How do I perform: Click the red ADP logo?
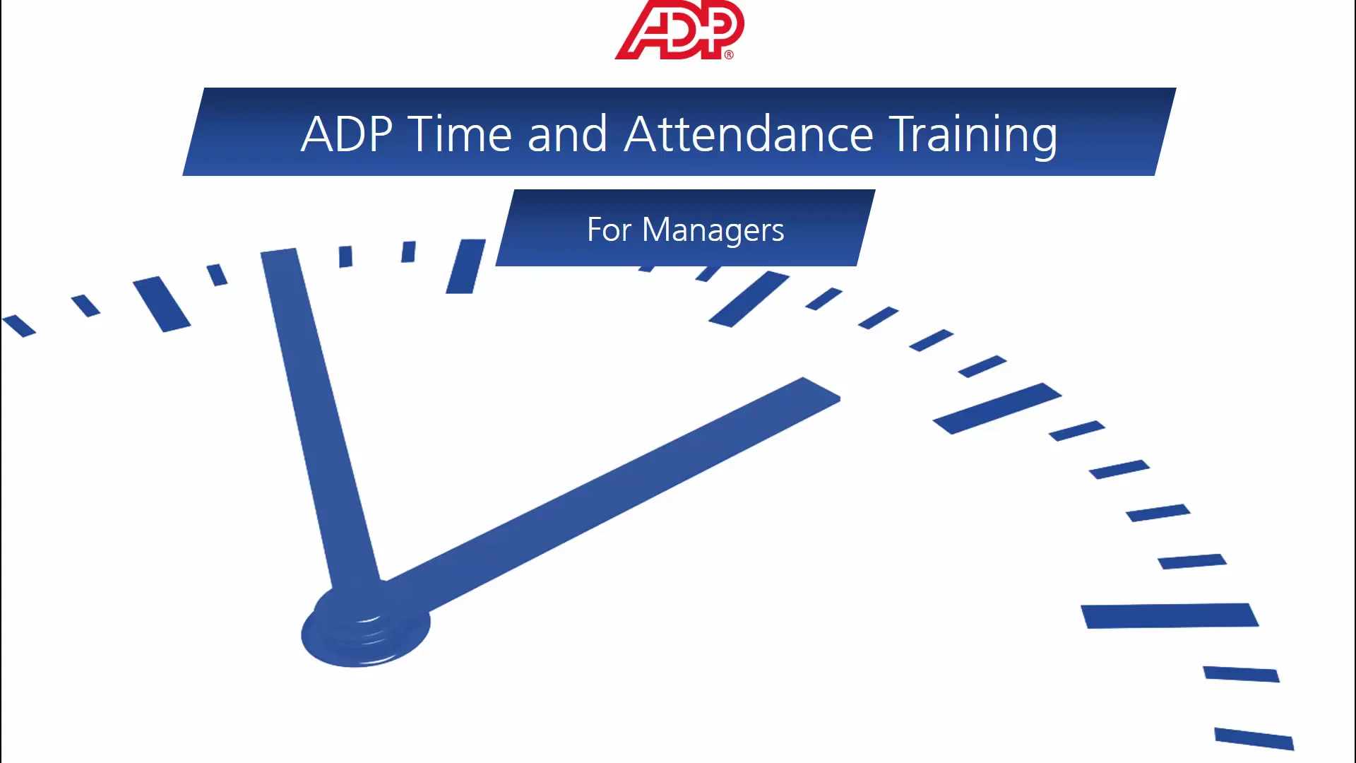(x=679, y=30)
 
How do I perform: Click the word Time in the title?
(x=460, y=134)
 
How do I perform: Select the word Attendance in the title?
(x=749, y=134)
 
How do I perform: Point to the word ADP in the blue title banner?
(x=347, y=134)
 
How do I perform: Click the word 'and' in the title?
(x=567, y=134)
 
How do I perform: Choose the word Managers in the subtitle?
(x=713, y=230)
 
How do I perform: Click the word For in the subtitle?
(x=609, y=230)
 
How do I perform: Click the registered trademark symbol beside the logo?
(x=729, y=54)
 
